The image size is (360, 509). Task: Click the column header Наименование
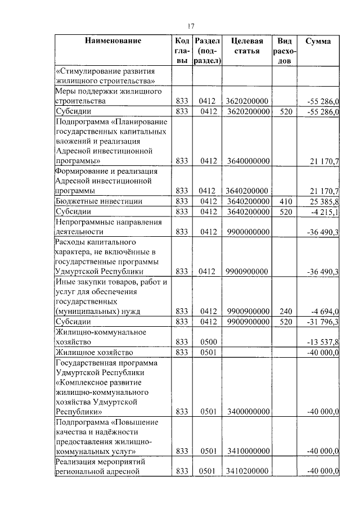tap(113, 41)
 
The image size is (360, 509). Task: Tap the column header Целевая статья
tap(247, 46)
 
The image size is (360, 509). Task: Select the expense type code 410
tap(285, 201)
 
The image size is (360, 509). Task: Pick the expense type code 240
tap(285, 310)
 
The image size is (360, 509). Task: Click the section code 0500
tap(208, 341)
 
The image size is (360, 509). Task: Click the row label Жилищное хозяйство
tap(94, 352)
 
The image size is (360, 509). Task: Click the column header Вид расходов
tap(285, 51)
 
